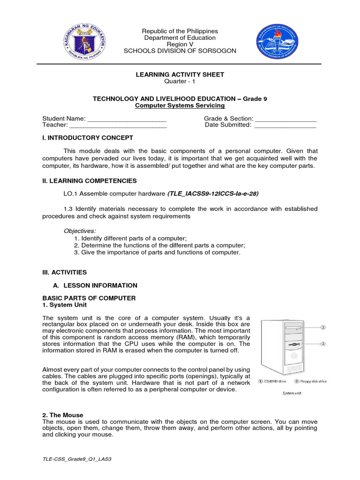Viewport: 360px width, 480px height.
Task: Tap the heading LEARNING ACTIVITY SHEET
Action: [180, 75]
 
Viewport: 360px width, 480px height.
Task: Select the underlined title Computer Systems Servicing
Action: [180, 105]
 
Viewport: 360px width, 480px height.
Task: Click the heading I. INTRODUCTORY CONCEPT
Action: [88, 138]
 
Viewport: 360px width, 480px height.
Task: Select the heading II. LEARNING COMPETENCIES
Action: [90, 180]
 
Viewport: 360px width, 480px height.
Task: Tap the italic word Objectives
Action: [80, 231]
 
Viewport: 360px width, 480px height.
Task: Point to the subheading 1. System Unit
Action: [65, 305]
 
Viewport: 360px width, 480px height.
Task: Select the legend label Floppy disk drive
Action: [313, 382]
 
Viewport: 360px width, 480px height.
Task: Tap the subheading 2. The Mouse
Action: [63, 415]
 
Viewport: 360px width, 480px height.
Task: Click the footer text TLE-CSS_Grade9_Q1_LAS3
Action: [77, 459]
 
